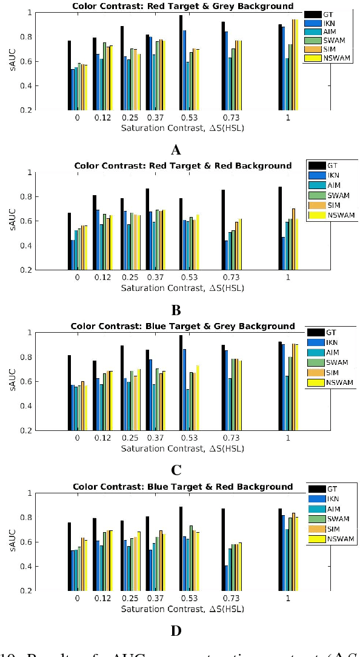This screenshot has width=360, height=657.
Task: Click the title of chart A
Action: point(182,6)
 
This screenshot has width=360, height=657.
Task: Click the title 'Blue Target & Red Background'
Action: point(182,486)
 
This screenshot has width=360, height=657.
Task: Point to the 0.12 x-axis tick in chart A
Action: point(102,118)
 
